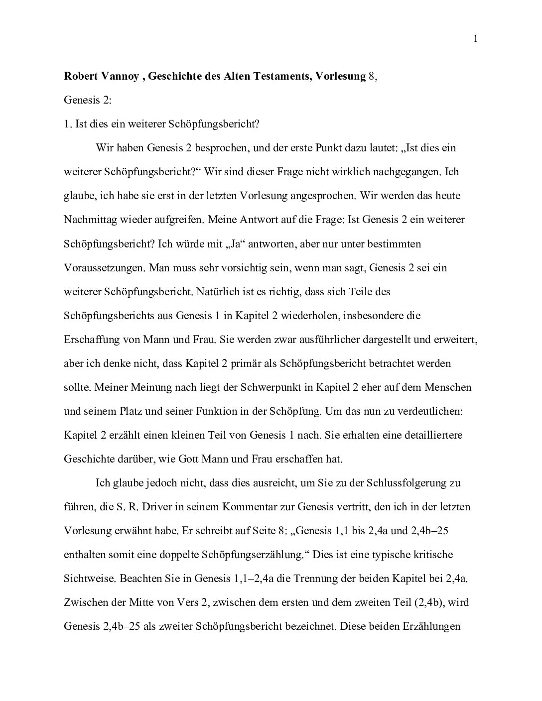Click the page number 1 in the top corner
coord(476,39)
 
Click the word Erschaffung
coord(89,340)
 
